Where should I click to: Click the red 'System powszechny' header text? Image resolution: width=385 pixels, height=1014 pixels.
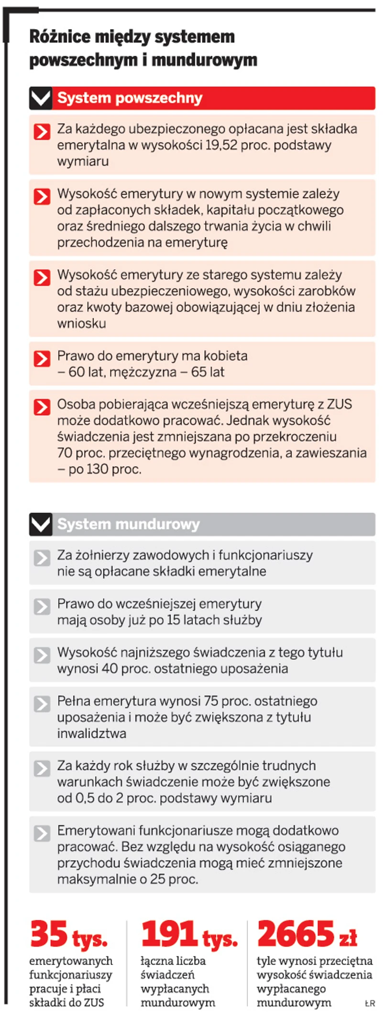tap(130, 98)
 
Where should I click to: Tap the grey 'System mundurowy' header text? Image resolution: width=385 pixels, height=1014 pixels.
tap(128, 524)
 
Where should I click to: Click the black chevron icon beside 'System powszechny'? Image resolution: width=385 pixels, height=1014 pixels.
tap(41, 98)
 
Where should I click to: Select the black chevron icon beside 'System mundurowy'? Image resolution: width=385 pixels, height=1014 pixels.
tap(41, 524)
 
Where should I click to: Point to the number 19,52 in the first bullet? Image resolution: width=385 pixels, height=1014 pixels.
tap(221, 145)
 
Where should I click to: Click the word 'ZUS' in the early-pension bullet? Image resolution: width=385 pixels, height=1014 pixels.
tap(339, 404)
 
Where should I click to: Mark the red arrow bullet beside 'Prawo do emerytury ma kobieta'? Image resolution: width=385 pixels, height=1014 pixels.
tap(42, 358)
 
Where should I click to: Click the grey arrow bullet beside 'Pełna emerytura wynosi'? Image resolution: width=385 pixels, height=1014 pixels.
tap(42, 704)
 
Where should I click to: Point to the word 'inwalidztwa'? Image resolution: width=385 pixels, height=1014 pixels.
tap(92, 734)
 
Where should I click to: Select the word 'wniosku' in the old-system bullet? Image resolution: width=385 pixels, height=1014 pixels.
tap(81, 324)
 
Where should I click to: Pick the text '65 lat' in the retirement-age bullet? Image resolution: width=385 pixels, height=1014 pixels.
tap(208, 372)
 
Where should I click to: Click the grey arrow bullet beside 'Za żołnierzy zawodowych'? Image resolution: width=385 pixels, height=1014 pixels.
tap(42, 558)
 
